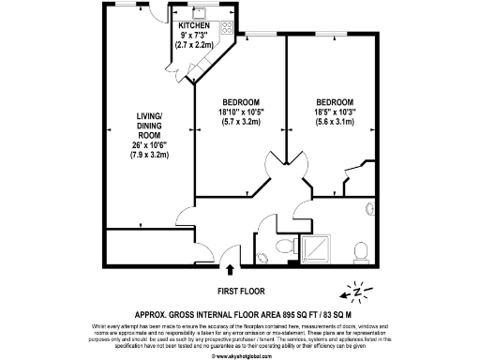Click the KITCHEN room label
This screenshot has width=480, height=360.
pos(195,25)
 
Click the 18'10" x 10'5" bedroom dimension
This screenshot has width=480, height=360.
pos(240,112)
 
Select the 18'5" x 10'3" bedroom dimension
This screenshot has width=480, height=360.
pos(335,112)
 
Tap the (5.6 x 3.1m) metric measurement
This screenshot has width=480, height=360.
pos(335,122)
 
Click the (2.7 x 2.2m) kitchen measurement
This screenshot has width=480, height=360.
pos(195,44)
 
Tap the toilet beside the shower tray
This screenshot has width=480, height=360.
pos(286,247)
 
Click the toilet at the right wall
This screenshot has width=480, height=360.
pos(361,250)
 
